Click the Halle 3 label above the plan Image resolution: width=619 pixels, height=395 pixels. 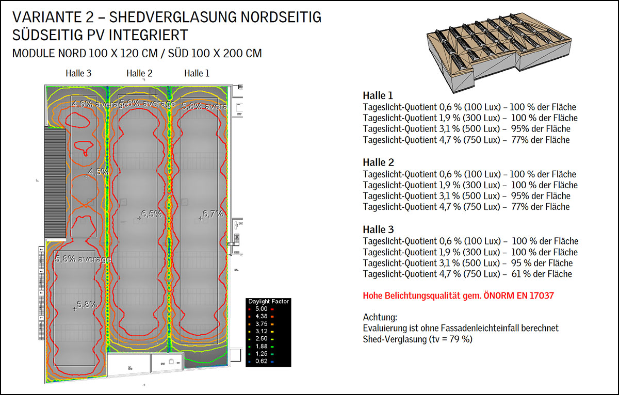78,73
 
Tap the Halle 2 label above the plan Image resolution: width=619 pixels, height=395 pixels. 139,73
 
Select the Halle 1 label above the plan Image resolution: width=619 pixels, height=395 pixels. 197,73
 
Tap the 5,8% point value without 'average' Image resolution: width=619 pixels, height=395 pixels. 87,304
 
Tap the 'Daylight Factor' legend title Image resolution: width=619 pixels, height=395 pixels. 269,301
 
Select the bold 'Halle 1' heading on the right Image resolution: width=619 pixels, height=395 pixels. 378,96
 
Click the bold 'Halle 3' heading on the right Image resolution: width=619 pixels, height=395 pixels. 378,230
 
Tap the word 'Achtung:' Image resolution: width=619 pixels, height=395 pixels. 380,317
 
